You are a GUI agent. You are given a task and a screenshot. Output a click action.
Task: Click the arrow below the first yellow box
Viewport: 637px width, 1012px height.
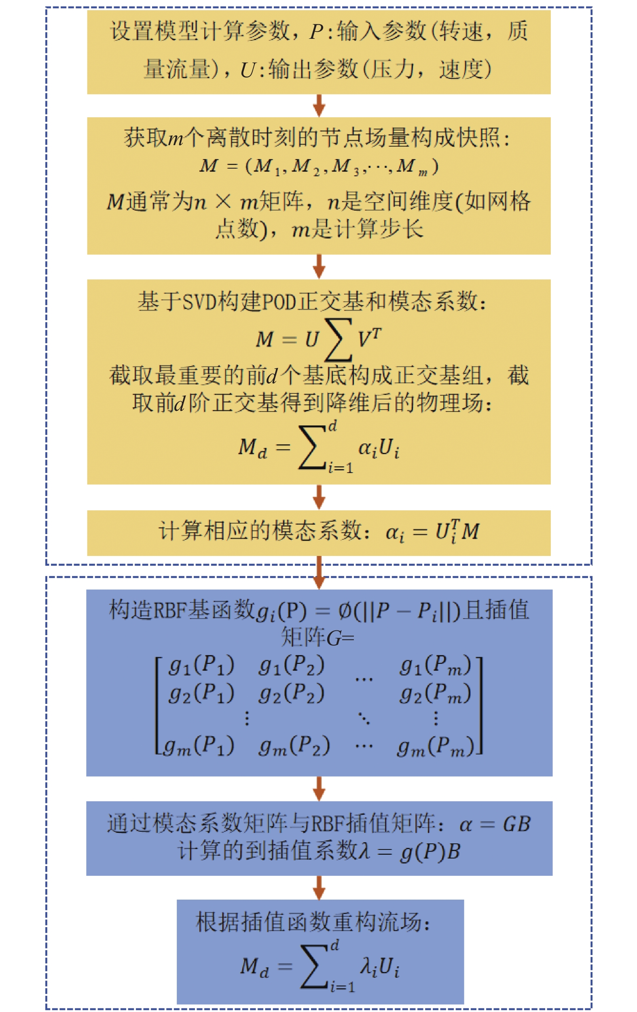pyautogui.click(x=319, y=106)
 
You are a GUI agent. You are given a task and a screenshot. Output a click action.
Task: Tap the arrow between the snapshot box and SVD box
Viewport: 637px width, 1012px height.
pyautogui.click(x=319, y=266)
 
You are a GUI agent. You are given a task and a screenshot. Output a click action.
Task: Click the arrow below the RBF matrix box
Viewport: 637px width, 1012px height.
pyautogui.click(x=319, y=788)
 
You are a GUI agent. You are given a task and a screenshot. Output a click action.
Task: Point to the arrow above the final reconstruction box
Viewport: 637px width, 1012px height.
pyautogui.click(x=319, y=887)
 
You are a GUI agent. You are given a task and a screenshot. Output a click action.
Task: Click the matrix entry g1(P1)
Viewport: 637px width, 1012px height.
pyautogui.click(x=201, y=666)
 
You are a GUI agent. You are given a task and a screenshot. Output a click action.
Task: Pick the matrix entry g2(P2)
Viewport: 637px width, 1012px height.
pyautogui.click(x=291, y=694)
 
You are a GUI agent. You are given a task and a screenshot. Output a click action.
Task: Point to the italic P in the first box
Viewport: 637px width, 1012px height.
pyautogui.click(x=316, y=32)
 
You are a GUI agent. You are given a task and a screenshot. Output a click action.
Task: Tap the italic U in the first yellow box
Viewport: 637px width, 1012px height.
pyautogui.click(x=247, y=70)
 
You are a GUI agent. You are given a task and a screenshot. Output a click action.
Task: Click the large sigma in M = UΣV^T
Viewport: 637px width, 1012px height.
pyautogui.click(x=338, y=340)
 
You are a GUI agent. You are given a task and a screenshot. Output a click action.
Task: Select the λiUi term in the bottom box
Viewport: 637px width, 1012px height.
pyautogui.click(x=379, y=967)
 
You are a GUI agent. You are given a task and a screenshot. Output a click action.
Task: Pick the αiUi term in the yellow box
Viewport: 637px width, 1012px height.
pyautogui.click(x=379, y=448)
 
